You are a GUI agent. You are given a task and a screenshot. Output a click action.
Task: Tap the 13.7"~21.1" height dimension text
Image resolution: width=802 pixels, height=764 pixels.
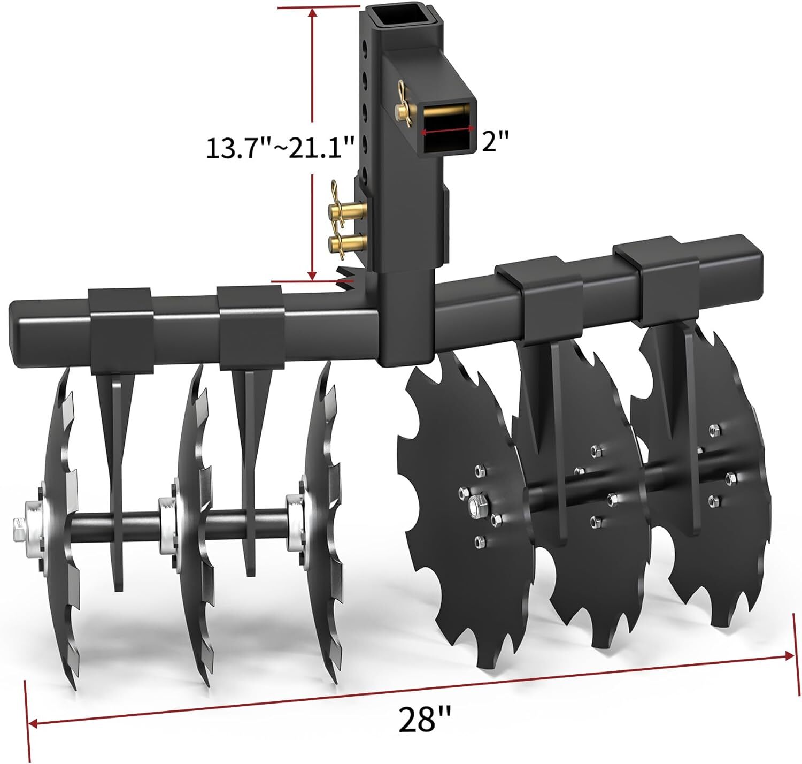coord(280,148)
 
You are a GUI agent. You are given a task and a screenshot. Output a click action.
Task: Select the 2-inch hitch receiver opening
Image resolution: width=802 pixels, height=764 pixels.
coord(447,128)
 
